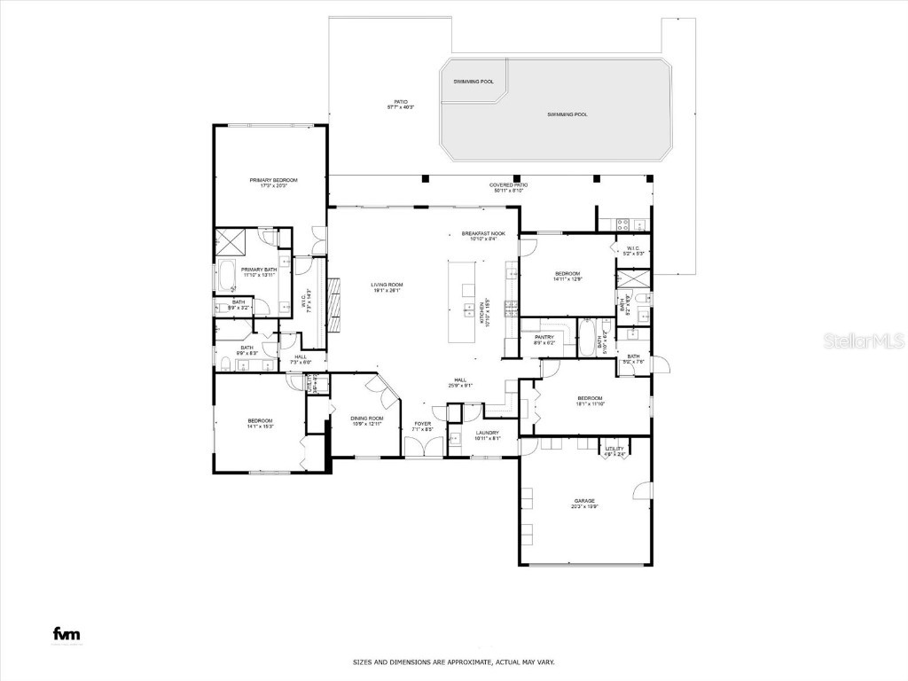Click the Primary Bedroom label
[x=273, y=180]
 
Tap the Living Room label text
[x=387, y=285]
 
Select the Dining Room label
[x=366, y=418]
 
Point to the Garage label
[x=583, y=500]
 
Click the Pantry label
[x=544, y=337]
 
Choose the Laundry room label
[x=488, y=433]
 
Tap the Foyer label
[x=422, y=424]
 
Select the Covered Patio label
[x=507, y=184]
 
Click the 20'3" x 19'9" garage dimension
[x=583, y=506]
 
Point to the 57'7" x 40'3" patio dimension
[x=401, y=107]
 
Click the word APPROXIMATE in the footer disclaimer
[x=473, y=662]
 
